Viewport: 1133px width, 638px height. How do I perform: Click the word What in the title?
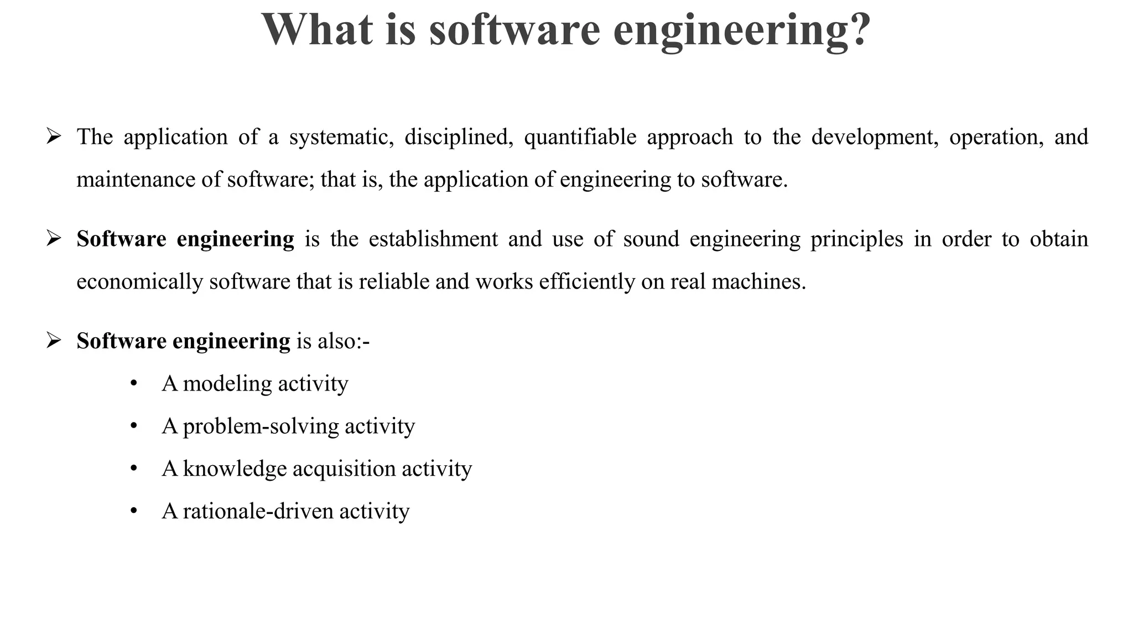click(317, 30)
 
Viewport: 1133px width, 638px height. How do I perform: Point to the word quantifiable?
click(580, 137)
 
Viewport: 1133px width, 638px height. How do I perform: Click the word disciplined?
click(456, 137)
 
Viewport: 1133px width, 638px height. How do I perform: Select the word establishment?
click(433, 239)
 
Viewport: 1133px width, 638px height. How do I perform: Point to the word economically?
click(139, 282)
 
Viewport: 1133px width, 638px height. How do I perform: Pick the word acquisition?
click(344, 469)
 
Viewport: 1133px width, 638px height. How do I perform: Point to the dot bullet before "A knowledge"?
click(133, 469)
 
